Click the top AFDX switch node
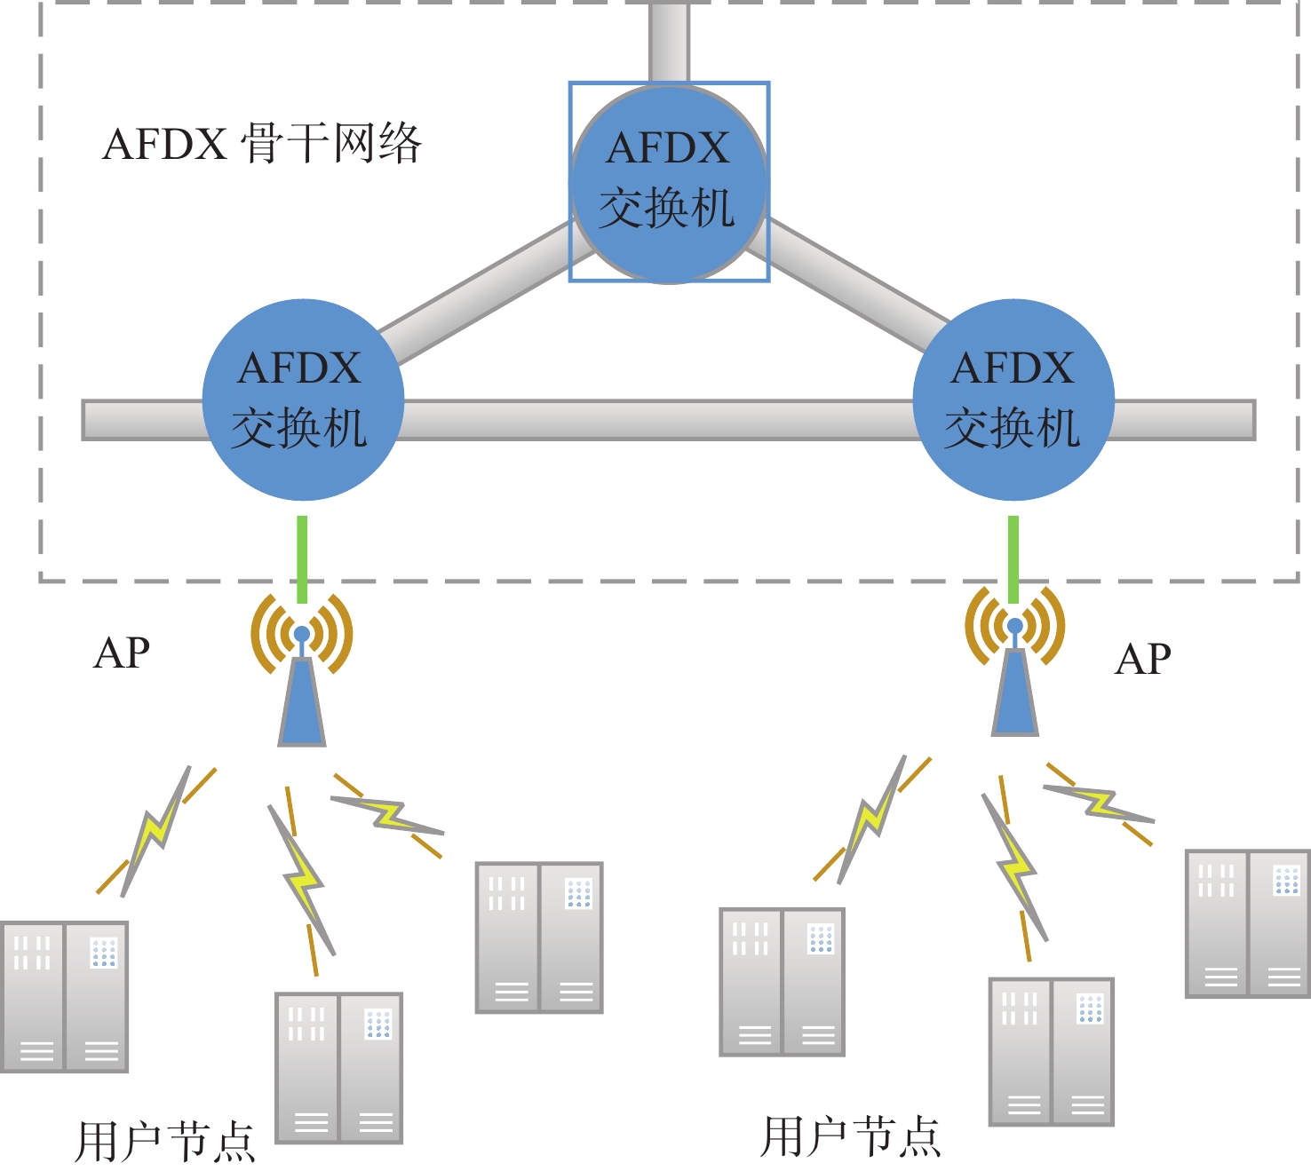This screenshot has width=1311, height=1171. coord(669,183)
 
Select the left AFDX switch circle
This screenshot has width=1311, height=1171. coord(303,400)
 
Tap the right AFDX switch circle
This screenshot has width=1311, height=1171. coord(1013,400)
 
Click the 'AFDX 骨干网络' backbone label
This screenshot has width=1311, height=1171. coord(261,144)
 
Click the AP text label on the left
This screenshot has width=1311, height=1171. coord(122,653)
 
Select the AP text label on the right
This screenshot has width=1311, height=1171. coord(1143,660)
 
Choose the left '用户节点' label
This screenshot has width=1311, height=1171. coord(165,1141)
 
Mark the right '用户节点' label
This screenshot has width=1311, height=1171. coord(850,1136)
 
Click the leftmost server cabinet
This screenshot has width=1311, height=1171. coord(65,996)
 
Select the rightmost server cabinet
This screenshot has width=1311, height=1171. coord(1248,923)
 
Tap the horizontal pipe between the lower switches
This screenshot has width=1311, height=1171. coord(657,420)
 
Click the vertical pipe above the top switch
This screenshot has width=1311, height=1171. coord(669,40)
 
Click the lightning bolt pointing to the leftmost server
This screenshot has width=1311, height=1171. coord(156,830)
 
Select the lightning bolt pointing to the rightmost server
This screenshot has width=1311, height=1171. coord(1100,803)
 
